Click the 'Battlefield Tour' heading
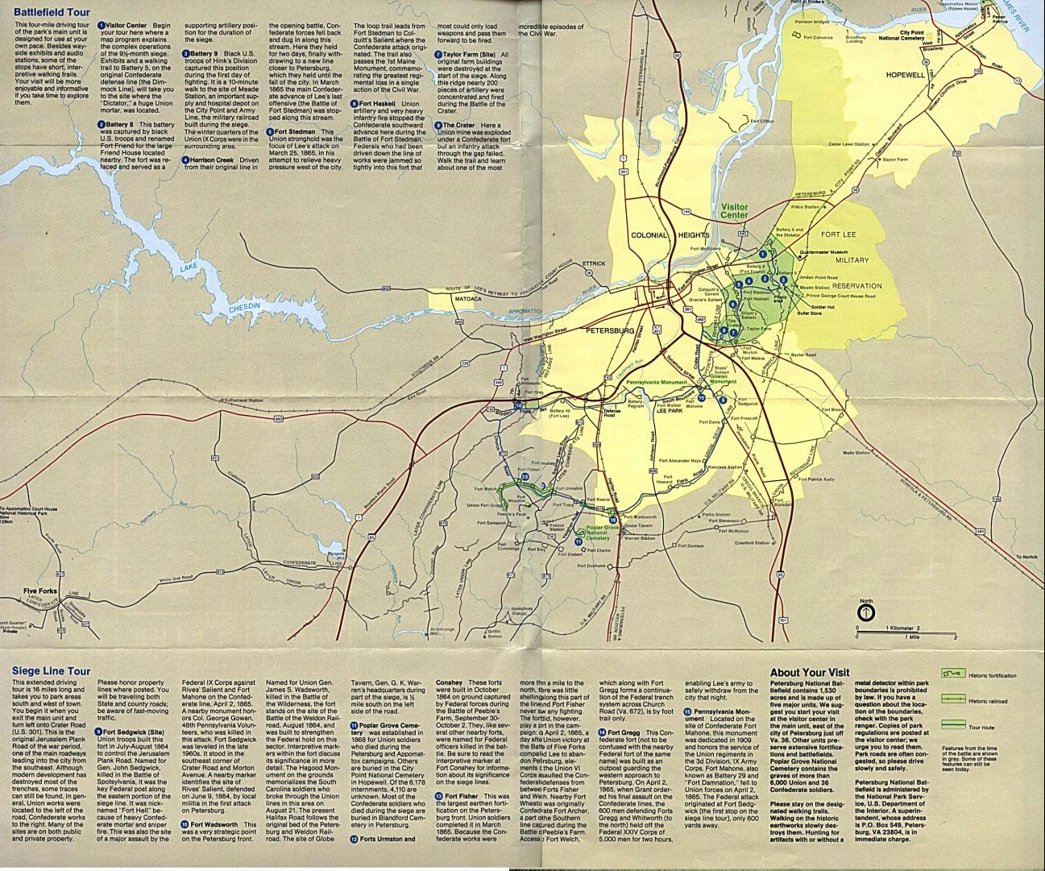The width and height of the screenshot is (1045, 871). tap(52, 13)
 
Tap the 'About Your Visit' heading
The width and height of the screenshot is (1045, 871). tap(809, 672)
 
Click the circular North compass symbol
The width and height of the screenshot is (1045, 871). tap(865, 612)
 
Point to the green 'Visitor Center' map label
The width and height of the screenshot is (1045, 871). tap(734, 211)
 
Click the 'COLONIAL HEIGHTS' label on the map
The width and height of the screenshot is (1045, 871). tap(670, 235)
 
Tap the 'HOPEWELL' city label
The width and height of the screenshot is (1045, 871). tap(906, 74)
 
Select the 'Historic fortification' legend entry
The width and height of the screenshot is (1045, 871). tap(992, 675)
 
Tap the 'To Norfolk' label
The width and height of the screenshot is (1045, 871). tap(1026, 557)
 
